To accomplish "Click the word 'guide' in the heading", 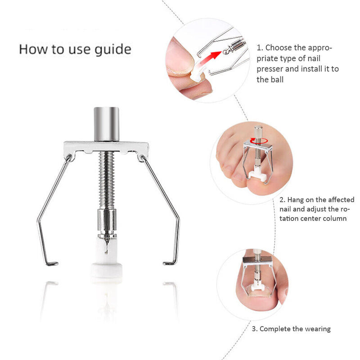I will click(x=110, y=49).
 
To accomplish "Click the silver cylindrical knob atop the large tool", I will click(x=107, y=123).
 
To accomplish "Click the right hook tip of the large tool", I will click(x=169, y=262).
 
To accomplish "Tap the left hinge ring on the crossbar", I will click(x=69, y=157).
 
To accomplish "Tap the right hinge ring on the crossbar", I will click(x=141, y=157).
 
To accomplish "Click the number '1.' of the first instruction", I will click(x=260, y=47).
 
